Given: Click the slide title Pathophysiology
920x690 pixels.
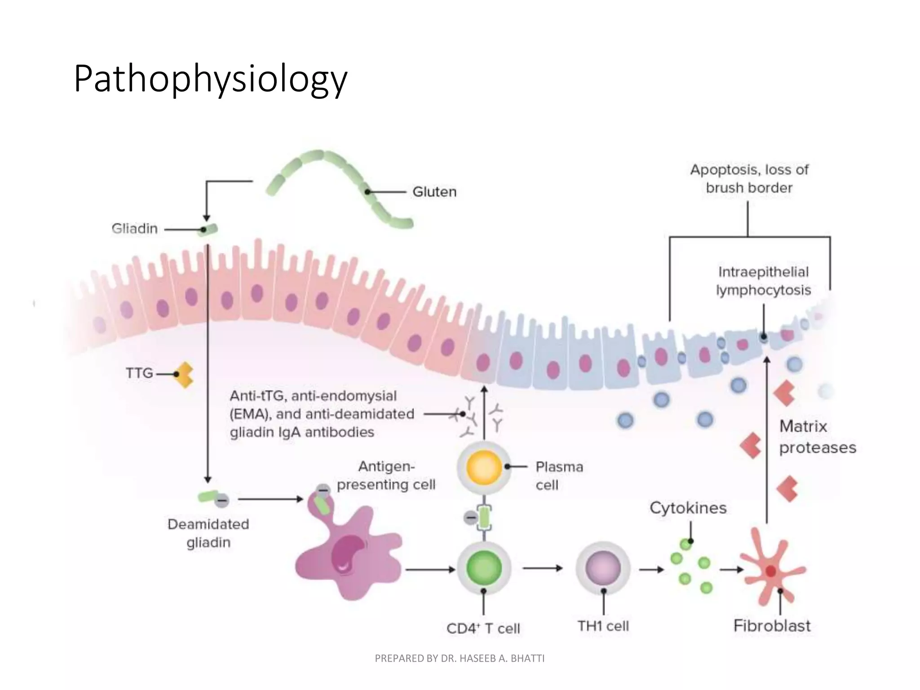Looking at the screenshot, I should point(210,79).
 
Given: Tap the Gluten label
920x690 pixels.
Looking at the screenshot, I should point(434,192).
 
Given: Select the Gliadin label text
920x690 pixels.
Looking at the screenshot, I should point(134,229).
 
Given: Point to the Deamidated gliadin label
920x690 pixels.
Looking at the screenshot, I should point(208,533).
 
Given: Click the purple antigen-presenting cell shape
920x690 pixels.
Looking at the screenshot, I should point(346,557).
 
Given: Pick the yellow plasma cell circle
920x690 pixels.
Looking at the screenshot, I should point(484,467).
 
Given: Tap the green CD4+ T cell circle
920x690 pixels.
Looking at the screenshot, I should point(484,568).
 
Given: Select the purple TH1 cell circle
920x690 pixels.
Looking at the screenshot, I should point(603,568).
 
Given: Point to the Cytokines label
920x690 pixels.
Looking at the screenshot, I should point(688,508).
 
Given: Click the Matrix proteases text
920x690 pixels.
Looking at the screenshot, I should point(817,437).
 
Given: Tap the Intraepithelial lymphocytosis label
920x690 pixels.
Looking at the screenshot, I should point(763,281).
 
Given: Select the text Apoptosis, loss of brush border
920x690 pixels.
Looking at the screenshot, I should point(749,178).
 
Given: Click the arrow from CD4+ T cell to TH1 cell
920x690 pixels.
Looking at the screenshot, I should point(542,568).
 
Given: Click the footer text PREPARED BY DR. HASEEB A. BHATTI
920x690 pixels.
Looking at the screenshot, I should point(459,658).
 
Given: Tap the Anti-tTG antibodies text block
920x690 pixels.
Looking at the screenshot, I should point(321,414).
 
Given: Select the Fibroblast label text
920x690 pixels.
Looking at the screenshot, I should point(772,625).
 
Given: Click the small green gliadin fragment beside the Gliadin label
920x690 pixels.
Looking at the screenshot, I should point(210,229).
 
